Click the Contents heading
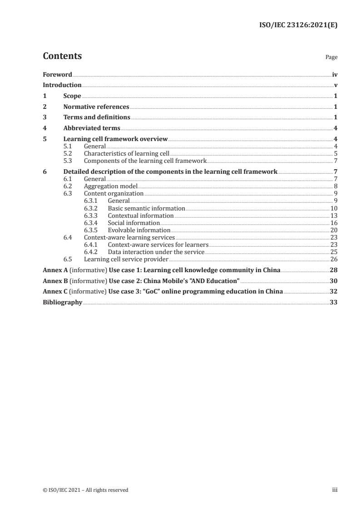click(62, 56)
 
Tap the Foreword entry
click(57, 74)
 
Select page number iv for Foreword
click(335, 74)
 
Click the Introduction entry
click(62, 85)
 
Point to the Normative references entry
click(96, 107)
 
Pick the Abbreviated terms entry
click(92, 128)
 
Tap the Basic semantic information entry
click(146, 208)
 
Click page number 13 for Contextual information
click(334, 215)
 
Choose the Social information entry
click(133, 223)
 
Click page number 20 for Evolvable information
click(334, 230)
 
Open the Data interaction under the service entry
click(156, 252)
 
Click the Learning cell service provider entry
click(126, 259)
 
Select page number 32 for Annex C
click(334, 291)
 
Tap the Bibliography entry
click(62, 302)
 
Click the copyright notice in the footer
click(85, 490)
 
